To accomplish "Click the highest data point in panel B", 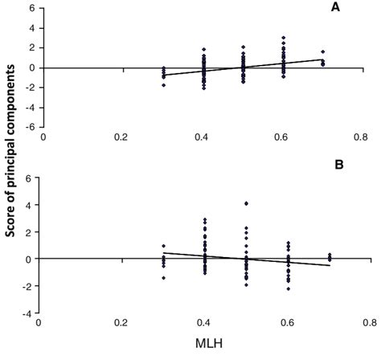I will tap(245, 203).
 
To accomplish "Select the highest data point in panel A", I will tap(283, 38).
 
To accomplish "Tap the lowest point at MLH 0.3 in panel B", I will tap(163, 278).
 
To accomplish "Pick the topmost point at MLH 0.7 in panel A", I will tap(323, 51).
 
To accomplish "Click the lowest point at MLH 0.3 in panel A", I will tap(163, 84).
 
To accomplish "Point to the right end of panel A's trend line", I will tap(324, 59).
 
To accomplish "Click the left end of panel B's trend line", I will tap(162, 252).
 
